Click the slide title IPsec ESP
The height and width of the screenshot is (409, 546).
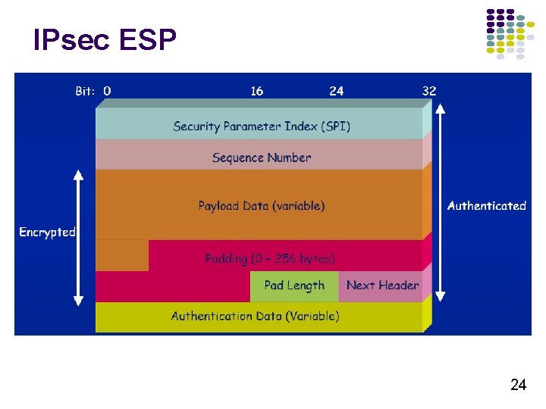pyautogui.click(x=105, y=40)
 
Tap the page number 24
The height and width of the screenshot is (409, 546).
pyautogui.click(x=518, y=386)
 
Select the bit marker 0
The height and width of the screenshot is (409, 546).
pyautogui.click(x=107, y=91)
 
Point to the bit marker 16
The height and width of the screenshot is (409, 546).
pyautogui.click(x=257, y=91)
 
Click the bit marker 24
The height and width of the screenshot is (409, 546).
pyautogui.click(x=336, y=91)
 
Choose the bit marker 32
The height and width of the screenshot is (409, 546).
pyautogui.click(x=429, y=91)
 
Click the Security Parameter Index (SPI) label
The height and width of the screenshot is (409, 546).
pyautogui.click(x=262, y=126)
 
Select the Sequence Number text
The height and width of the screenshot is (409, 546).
pyautogui.click(x=262, y=158)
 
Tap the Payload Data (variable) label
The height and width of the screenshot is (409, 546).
pyautogui.click(x=262, y=205)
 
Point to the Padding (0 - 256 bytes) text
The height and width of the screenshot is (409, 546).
pyautogui.click(x=270, y=258)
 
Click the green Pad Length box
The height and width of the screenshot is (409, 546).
pyautogui.click(x=294, y=286)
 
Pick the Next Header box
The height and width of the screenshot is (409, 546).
pyautogui.click(x=382, y=286)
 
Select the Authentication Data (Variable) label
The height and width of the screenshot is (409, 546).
pyautogui.click(x=255, y=316)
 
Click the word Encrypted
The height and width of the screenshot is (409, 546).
pyautogui.click(x=47, y=232)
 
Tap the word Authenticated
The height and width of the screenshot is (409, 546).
pyautogui.click(x=486, y=205)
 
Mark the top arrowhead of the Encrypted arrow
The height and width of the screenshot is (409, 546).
pyautogui.click(x=78, y=175)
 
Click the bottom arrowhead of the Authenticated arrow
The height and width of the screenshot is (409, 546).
pyautogui.click(x=441, y=296)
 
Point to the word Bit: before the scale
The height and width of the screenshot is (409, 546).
pyautogui.click(x=85, y=91)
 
